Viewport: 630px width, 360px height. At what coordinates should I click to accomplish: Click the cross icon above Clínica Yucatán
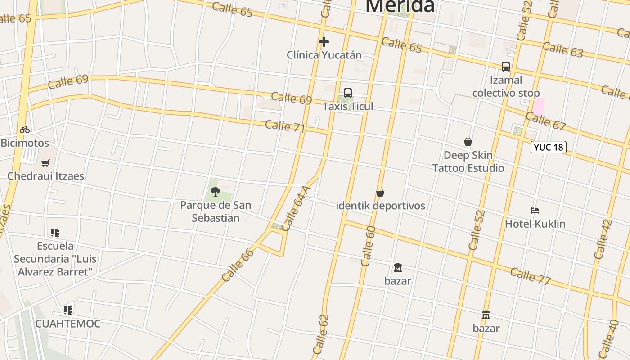(x=324, y=42)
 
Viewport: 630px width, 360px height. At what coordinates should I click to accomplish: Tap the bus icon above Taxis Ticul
(x=347, y=93)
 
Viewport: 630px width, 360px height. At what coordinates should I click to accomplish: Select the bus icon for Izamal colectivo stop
(x=506, y=67)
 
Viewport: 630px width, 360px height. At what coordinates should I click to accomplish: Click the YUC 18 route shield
(x=548, y=147)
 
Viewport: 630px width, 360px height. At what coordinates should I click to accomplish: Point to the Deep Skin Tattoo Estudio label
(x=468, y=162)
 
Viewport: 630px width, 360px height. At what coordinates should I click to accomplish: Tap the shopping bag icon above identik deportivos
(x=380, y=193)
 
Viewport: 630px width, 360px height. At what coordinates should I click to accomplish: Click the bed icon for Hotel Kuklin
(x=535, y=210)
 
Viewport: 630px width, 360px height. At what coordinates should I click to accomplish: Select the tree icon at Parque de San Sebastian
(x=216, y=192)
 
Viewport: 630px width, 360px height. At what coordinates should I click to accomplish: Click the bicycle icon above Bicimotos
(x=25, y=130)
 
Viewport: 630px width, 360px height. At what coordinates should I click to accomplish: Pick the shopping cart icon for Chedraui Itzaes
(x=45, y=163)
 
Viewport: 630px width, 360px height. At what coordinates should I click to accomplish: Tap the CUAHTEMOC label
(x=67, y=324)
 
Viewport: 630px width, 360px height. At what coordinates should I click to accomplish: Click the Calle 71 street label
(x=285, y=126)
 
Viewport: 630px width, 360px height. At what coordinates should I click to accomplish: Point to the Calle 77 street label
(x=531, y=275)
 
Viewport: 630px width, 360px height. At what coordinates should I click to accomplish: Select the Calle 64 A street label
(x=295, y=208)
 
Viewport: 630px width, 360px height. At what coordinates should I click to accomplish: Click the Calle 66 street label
(x=238, y=265)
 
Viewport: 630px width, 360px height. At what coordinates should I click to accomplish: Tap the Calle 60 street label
(x=368, y=246)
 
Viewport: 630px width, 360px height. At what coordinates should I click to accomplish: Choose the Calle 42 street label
(x=603, y=239)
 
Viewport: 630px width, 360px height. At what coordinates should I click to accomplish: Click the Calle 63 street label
(x=563, y=49)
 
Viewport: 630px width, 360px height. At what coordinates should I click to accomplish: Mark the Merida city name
(x=400, y=6)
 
